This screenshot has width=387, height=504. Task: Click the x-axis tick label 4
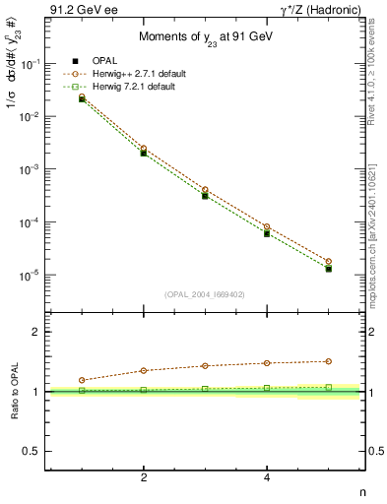click(267, 477)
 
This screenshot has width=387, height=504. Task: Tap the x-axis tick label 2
click(144, 477)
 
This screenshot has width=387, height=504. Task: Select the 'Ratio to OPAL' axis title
click(13, 392)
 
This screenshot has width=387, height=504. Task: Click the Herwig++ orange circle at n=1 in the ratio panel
click(82, 380)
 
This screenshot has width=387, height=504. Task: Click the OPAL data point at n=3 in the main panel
click(205, 196)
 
